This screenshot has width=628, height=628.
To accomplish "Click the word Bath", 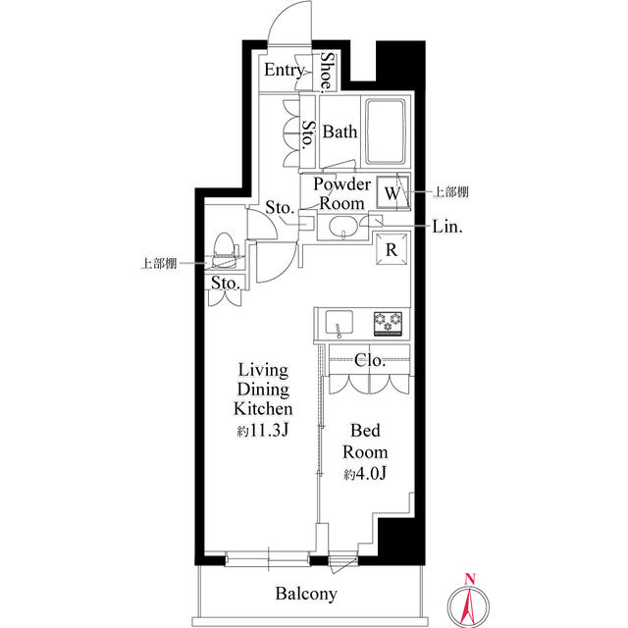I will pyautogui.click(x=340, y=131).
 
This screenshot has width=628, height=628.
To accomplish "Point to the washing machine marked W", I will pyautogui.click(x=392, y=191).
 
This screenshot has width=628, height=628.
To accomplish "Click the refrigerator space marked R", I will pyautogui.click(x=392, y=250).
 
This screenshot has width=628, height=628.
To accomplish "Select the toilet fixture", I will pyautogui.click(x=225, y=250).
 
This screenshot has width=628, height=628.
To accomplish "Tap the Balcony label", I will pyautogui.click(x=306, y=594).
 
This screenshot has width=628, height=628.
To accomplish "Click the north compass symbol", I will pyautogui.click(x=469, y=599).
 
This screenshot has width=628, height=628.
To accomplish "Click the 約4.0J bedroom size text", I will pyautogui.click(x=365, y=475).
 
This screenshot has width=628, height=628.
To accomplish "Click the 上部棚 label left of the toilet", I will pyautogui.click(x=157, y=263).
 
